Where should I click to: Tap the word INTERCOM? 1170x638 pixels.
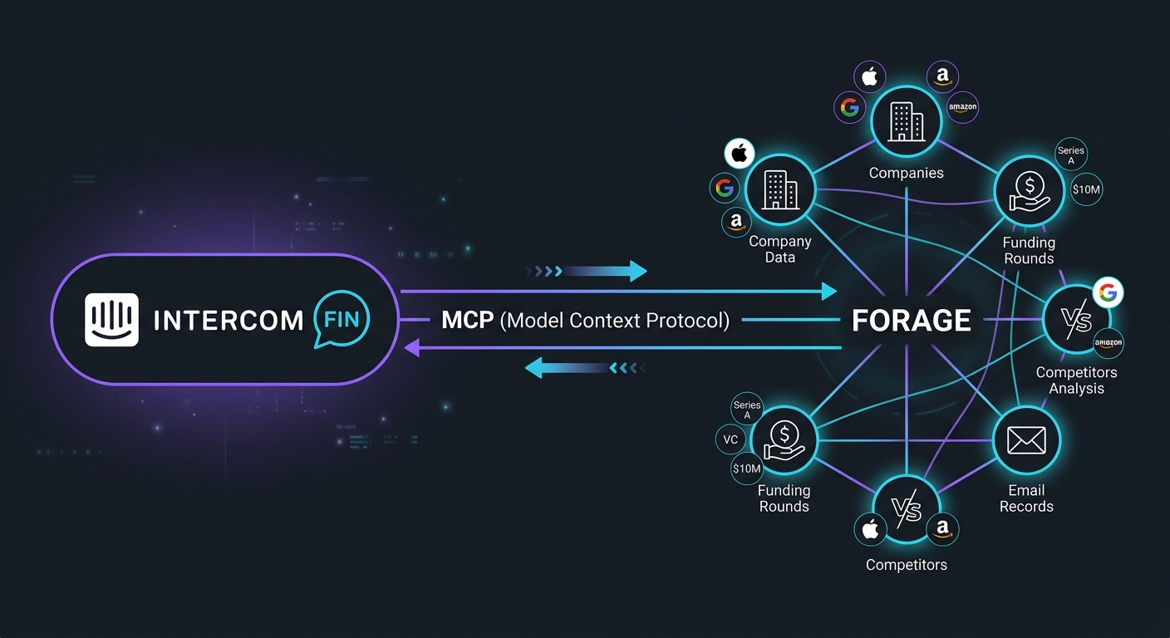click(x=229, y=321)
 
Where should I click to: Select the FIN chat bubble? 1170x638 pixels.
click(x=342, y=321)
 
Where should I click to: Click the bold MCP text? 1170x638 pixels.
click(x=468, y=320)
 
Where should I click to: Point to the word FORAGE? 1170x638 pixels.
click(x=912, y=321)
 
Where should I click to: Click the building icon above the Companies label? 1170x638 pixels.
click(x=906, y=121)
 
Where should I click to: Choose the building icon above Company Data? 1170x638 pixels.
click(x=779, y=190)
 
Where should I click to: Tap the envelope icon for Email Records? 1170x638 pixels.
click(x=1026, y=439)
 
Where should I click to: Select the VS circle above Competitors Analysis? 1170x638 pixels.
click(x=1076, y=319)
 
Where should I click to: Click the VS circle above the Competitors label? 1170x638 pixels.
click(x=906, y=509)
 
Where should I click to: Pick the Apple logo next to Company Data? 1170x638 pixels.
click(x=740, y=154)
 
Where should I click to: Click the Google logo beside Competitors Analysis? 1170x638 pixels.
click(x=1107, y=292)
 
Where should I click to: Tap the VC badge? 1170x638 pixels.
click(x=730, y=439)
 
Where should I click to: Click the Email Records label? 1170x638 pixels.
click(x=1026, y=498)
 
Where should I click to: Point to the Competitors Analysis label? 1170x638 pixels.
click(x=1076, y=380)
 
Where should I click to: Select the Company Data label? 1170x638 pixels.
click(x=779, y=249)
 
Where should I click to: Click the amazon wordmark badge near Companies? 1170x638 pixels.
click(x=963, y=107)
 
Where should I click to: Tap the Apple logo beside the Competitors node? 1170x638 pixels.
click(x=870, y=529)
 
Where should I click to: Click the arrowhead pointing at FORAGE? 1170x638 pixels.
click(x=828, y=291)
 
